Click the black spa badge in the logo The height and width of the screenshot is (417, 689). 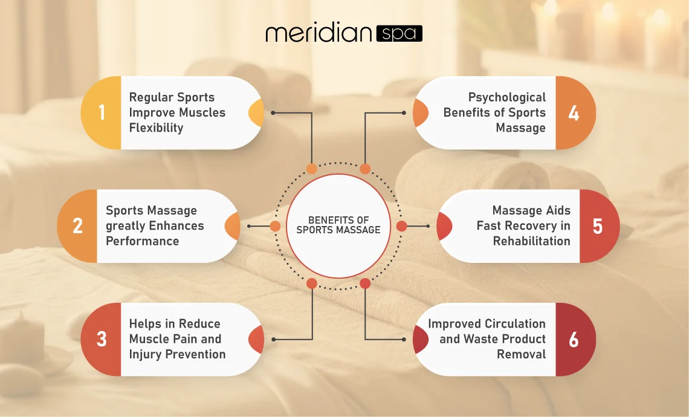pyautogui.click(x=399, y=33)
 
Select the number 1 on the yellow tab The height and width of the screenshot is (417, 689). pyautogui.click(x=102, y=113)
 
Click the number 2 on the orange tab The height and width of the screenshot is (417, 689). pyautogui.click(x=77, y=226)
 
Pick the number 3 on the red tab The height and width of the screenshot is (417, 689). pyautogui.click(x=102, y=339)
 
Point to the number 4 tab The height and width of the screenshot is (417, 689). pyautogui.click(x=574, y=113)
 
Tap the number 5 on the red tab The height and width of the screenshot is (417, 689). pyautogui.click(x=598, y=226)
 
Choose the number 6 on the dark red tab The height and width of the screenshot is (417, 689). pyautogui.click(x=574, y=339)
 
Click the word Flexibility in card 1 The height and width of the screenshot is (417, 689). pyautogui.click(x=156, y=128)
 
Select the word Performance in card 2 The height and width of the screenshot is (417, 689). pyautogui.click(x=142, y=241)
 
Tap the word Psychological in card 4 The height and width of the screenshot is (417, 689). pyautogui.click(x=507, y=97)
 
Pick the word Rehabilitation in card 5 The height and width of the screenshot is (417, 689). pyautogui.click(x=531, y=241)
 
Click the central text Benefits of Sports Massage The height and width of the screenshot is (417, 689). pyautogui.click(x=338, y=225)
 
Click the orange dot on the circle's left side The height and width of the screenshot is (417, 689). pyautogui.click(x=275, y=226)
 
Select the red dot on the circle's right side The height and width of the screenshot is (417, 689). pyautogui.click(x=401, y=226)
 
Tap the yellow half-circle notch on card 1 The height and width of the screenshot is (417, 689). pyautogui.click(x=257, y=113)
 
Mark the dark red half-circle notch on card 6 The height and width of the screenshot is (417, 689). pyautogui.click(x=419, y=339)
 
